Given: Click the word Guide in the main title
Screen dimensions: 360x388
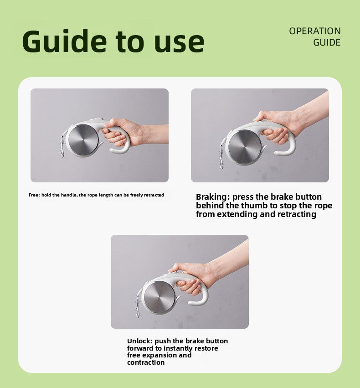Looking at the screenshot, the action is [64, 41].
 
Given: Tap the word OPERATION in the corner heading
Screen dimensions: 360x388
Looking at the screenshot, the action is [315, 31].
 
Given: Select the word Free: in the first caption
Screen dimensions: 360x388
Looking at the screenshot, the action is [34, 195].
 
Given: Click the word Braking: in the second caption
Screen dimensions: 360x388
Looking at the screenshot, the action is [213, 197].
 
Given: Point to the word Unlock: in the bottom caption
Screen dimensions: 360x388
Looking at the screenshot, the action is [140, 341].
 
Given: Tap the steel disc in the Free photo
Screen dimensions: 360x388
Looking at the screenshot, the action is [83, 140].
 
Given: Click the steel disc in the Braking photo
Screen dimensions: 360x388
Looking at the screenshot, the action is [245, 146].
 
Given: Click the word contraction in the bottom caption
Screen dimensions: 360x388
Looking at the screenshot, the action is [146, 362].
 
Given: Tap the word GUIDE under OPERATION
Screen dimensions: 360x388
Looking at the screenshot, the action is [327, 42].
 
